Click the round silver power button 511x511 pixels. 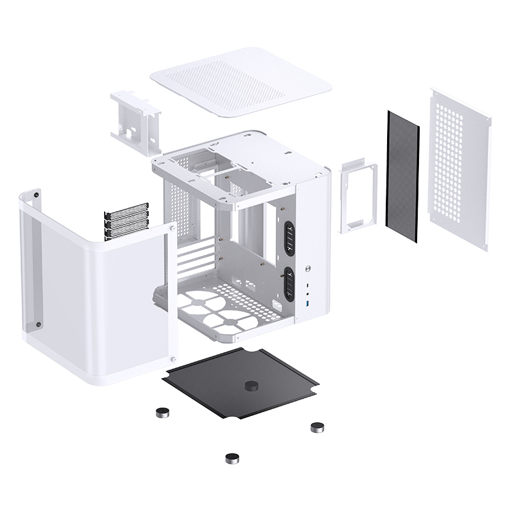pyautogui.click(x=308, y=269)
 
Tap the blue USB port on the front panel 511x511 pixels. pyautogui.click(x=308, y=300)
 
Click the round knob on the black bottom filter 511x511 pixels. pyautogui.click(x=250, y=386)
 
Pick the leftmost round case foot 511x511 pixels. pyautogui.click(x=163, y=413)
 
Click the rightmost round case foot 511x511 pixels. pyautogui.click(x=316, y=427)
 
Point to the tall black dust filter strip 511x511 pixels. pyautogui.click(x=404, y=176)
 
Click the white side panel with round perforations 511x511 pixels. pyautogui.click(x=461, y=169)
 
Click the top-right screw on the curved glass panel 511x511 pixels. pyautogui.click(x=172, y=227)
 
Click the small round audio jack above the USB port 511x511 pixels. pyautogui.click(x=308, y=285)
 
